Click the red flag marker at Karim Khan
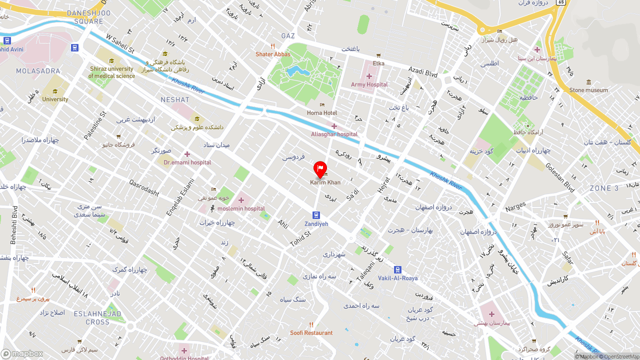pyautogui.click(x=320, y=169)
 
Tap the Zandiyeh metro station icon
pyautogui.click(x=316, y=215)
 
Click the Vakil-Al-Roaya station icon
pyautogui.click(x=397, y=269)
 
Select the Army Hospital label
pyautogui.click(x=369, y=84)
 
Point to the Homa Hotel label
pyautogui.click(x=322, y=113)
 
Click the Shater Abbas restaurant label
pyautogui.click(x=272, y=54)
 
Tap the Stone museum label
pyautogui.click(x=588, y=90)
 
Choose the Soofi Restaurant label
pyautogui.click(x=311, y=332)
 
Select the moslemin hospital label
pyautogui.click(x=241, y=208)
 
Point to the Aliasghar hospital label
pyautogui.click(x=334, y=134)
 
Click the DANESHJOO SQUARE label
pyautogui.click(x=85, y=17)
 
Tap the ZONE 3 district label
pyautogui.click(x=604, y=188)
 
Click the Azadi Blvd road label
pyautogui.click(x=422, y=72)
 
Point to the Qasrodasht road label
pyautogui.click(x=144, y=188)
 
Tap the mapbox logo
pyautogui.click(x=22, y=353)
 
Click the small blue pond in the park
pyautogui.click(x=295, y=70)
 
